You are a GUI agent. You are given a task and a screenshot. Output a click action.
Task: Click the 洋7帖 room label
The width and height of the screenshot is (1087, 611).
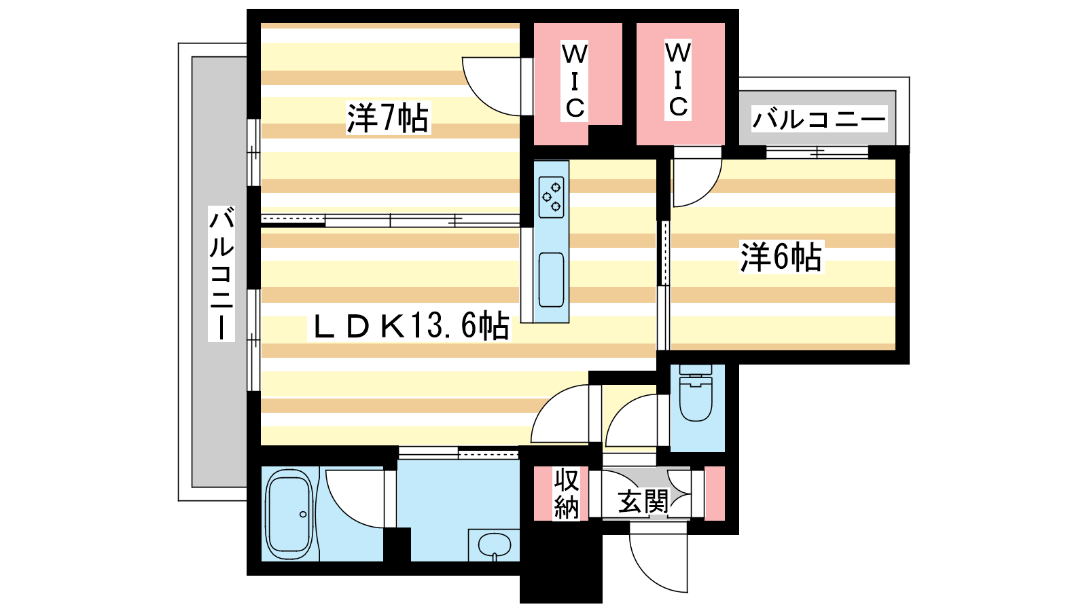point(388,118)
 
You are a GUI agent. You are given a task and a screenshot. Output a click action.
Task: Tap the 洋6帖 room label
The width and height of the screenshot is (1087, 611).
point(781,257)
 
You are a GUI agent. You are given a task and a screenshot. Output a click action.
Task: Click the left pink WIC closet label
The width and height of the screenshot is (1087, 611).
point(575,81)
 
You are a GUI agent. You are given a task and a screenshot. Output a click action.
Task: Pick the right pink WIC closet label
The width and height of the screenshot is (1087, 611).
point(678,80)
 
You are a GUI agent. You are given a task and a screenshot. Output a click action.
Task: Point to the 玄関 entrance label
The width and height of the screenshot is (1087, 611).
point(643,501)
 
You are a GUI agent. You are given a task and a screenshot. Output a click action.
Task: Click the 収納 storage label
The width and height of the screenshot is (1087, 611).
point(567,494)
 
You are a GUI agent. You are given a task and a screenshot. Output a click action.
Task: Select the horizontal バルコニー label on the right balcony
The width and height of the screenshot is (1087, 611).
point(819,119)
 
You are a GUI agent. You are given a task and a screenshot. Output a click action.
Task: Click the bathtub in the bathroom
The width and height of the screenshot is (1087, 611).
point(289,514)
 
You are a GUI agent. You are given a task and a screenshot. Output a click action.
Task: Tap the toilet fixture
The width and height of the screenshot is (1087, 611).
point(696,393)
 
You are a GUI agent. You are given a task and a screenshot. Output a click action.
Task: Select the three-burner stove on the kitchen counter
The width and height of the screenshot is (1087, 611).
point(552,196)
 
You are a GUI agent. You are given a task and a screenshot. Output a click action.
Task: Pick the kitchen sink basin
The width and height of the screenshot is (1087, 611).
point(551,280)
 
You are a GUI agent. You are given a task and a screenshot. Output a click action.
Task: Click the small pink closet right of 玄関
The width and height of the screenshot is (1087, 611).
point(714,494)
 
